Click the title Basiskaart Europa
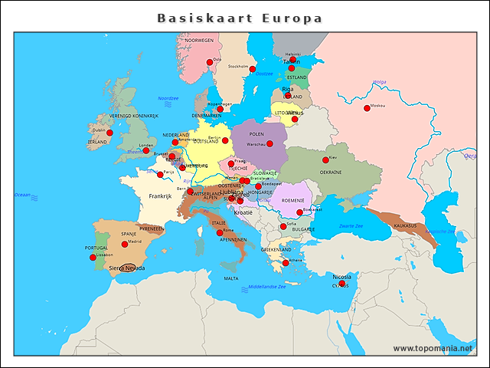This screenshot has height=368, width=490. [240, 18]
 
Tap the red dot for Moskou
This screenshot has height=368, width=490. [367, 108]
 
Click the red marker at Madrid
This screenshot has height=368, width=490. [125, 245]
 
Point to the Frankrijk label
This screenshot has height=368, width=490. [162, 196]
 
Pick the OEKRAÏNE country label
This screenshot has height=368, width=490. [331, 172]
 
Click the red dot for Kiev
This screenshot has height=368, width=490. [325, 159]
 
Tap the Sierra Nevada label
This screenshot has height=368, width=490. [126, 268]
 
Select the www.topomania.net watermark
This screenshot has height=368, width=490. [434, 348]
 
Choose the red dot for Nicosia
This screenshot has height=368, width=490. [342, 283]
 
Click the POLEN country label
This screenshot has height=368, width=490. [256, 133]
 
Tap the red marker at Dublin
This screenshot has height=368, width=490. [109, 133]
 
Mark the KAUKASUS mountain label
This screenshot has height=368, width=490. [405, 226]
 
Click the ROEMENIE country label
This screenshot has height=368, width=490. [292, 200]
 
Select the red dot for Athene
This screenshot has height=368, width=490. [286, 263]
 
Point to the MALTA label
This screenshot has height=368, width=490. [230, 279]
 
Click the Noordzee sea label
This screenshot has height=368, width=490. [168, 98]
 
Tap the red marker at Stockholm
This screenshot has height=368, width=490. [253, 69]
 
